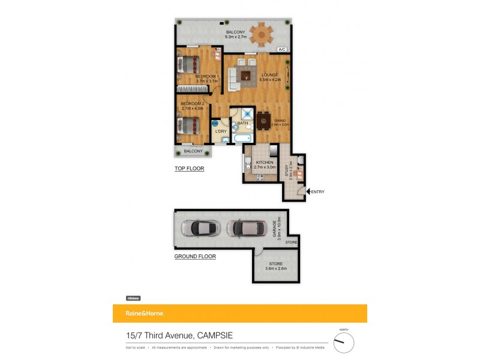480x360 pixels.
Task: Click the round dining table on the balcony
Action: pos(261,34)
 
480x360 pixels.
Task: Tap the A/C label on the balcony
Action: pos(281,50)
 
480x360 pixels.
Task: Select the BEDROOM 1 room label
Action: pos(207,77)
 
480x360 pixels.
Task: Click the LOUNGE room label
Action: pos(269,74)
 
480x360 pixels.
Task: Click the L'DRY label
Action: pos(221,131)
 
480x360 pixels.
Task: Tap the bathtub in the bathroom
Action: pos(242,139)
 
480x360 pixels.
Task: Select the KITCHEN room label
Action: pos(265,163)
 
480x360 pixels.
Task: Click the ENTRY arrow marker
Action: pos(308,191)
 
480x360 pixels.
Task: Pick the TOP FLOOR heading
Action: pos(189,169)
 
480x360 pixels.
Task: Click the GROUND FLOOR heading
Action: pos(195,256)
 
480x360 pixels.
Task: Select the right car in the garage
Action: pos(247,228)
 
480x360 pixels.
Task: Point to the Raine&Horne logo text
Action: pos(145,314)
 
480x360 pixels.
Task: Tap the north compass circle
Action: pos(344,343)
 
